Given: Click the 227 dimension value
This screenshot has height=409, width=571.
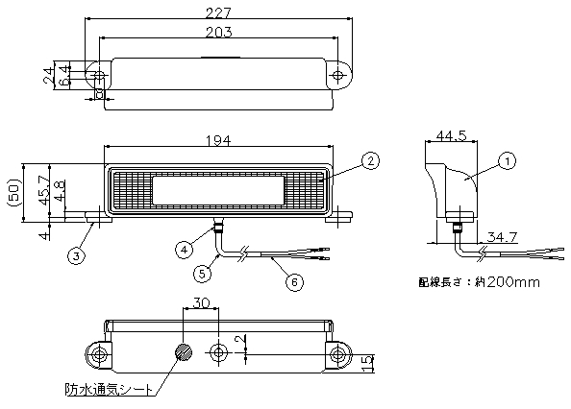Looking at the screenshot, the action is [218, 13].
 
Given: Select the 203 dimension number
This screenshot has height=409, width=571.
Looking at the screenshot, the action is [218, 33].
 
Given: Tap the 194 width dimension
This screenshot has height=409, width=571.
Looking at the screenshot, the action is [218, 140].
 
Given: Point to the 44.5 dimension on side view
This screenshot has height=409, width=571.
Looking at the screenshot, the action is [451, 136].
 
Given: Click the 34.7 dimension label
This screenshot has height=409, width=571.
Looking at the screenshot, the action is [502, 237].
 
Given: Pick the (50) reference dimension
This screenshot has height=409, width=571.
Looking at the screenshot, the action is [13, 192].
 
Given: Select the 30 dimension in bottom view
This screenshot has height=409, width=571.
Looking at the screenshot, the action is [201, 302].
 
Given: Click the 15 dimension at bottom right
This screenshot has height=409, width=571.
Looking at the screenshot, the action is [368, 364].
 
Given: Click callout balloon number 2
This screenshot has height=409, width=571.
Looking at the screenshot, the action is [370, 160].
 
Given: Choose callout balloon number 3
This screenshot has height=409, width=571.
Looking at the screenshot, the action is [76, 256].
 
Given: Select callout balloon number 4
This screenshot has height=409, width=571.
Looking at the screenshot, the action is [184, 250].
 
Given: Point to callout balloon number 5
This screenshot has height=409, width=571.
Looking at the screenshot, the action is [202, 273].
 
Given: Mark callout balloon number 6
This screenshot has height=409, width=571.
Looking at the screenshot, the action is [294, 281].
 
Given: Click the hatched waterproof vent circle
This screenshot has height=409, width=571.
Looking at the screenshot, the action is [184, 352].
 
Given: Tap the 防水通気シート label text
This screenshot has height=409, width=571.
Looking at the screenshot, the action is [109, 390].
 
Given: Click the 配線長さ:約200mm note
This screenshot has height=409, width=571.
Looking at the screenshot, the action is [479, 282].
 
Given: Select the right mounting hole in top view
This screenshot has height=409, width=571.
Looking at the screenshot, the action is [338, 75].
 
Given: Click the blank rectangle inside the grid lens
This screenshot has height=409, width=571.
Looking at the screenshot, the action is [218, 190].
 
